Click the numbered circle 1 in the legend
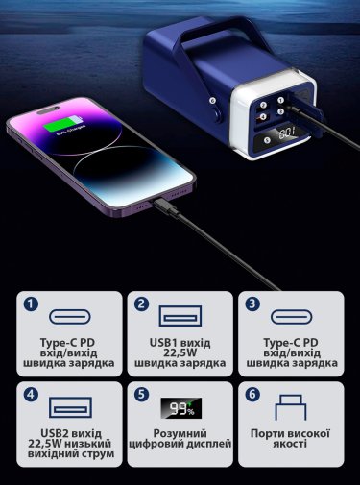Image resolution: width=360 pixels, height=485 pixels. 31,304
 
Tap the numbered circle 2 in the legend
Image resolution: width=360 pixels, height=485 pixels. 141,304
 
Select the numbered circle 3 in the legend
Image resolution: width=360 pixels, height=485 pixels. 252,304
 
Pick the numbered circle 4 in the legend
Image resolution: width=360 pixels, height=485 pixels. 31,395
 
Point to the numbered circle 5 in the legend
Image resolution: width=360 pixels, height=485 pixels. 141,395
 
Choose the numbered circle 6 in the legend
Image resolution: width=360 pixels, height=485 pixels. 252,395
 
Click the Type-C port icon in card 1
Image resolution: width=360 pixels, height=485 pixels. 70,317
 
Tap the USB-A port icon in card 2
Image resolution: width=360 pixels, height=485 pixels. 180,316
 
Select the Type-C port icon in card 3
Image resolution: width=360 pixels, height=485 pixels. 292,317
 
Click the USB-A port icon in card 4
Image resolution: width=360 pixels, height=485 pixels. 70,407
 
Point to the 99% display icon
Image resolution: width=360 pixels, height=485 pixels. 181,408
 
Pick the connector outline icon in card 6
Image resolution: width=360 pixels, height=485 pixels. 291,407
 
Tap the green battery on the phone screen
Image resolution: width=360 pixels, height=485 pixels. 63,125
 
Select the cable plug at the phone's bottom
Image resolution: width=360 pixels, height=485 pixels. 166,206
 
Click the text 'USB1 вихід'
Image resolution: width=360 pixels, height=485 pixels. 180,343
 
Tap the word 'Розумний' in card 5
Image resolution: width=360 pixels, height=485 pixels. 180,433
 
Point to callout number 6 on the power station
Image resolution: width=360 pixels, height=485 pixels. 212,100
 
